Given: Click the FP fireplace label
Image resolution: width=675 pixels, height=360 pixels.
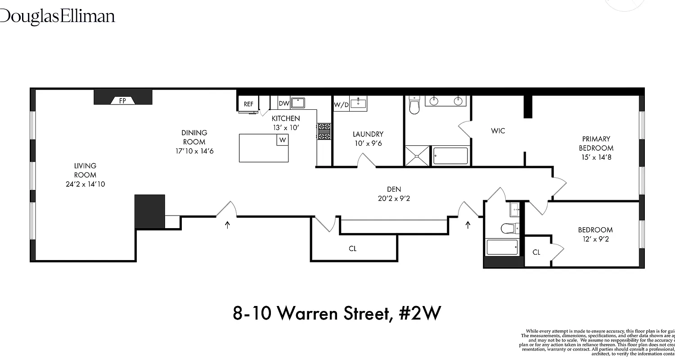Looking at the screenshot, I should click(x=122, y=101).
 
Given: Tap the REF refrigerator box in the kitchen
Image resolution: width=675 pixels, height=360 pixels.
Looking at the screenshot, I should click(x=248, y=104).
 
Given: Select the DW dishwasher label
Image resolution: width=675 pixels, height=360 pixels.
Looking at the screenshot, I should click(x=283, y=103).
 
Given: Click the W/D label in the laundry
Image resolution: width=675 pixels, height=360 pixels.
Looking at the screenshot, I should click(x=341, y=105).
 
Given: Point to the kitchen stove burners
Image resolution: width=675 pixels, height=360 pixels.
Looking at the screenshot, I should click(x=324, y=132).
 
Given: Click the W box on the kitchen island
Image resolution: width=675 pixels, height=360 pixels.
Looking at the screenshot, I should click(x=282, y=140).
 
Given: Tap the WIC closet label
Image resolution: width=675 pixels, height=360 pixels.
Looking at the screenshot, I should click(x=498, y=131).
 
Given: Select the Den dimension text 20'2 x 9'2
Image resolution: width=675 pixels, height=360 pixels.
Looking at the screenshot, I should click(x=394, y=198).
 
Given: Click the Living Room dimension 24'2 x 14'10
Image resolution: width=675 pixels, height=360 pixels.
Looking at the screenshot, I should click(x=85, y=184).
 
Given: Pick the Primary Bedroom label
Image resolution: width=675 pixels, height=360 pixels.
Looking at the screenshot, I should click(x=596, y=144).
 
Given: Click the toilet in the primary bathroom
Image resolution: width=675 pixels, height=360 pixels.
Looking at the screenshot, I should click(x=414, y=106).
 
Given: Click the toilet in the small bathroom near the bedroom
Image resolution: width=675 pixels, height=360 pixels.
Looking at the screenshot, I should click(x=509, y=228).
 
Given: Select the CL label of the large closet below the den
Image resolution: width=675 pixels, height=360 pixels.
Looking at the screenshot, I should click(x=352, y=248).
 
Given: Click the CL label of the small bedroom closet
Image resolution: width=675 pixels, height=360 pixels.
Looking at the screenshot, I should click(x=536, y=252).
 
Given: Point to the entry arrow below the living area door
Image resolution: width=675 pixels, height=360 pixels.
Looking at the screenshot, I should click(x=227, y=224).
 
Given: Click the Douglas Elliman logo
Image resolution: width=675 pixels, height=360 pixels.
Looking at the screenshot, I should click(x=58, y=17).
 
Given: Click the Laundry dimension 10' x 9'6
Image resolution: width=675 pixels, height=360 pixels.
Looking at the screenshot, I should click(x=368, y=144).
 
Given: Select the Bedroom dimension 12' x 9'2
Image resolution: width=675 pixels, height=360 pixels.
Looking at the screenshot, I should click(x=595, y=239).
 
